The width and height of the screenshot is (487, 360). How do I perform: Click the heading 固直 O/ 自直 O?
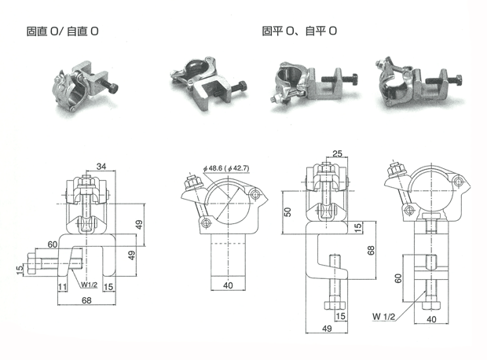click(63, 32)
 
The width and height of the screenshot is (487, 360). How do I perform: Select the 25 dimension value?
click(337, 153)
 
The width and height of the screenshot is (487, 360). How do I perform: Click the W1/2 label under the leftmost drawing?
click(88, 286)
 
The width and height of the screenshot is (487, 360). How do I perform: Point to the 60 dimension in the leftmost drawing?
click(52, 244)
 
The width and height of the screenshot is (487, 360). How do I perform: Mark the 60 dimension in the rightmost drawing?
click(398, 277)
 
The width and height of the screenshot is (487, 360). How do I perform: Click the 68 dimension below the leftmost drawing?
click(85, 299)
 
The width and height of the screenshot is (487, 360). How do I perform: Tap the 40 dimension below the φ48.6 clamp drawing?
click(229, 285)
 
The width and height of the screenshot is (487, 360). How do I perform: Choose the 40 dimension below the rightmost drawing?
click(431, 318)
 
